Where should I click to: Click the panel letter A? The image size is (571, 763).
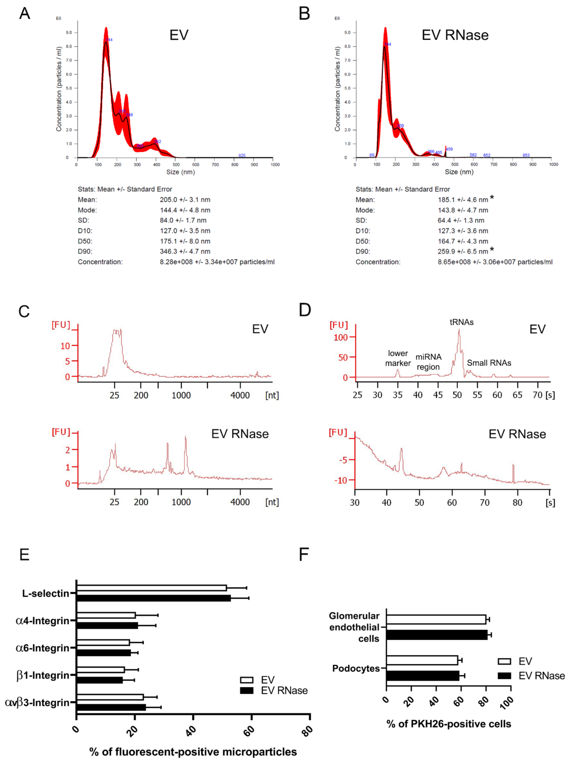pos(24,14)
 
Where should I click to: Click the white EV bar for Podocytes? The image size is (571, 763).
pos(422,660)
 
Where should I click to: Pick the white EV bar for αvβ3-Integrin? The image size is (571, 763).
pos(110,697)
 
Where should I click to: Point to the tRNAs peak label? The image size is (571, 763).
pos(461,322)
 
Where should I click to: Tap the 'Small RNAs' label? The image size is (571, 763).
pos(489,363)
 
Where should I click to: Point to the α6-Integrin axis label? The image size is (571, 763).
pos(42,648)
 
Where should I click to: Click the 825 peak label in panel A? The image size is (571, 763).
pos(242,155)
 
